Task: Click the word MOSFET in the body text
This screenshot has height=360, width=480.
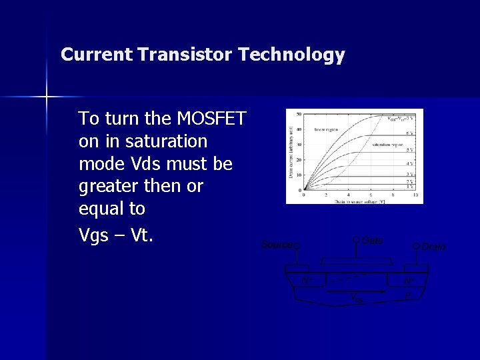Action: click(211, 119)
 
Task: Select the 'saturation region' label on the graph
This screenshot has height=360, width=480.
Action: click(389, 144)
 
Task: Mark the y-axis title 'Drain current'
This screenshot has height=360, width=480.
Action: click(291, 153)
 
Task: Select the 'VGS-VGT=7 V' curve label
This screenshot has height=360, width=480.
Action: click(401, 119)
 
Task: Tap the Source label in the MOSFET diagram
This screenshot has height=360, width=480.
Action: click(277, 245)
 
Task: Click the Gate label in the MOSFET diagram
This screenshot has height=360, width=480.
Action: click(372, 240)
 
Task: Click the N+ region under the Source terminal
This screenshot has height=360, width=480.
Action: click(306, 281)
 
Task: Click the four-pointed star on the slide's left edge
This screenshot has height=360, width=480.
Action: click(47, 97)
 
